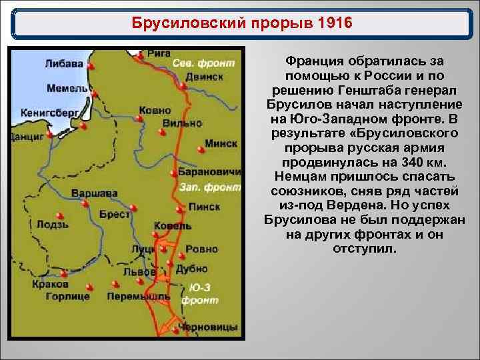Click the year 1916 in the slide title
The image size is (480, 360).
tap(326, 24)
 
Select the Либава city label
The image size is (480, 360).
tap(64, 64)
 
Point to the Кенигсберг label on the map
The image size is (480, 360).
tap(49, 113)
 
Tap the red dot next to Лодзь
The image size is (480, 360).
tap(60, 215)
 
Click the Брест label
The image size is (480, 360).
tap(115, 214)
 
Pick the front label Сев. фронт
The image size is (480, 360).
tap(204, 63)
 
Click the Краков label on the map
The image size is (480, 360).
tap(50, 284)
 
